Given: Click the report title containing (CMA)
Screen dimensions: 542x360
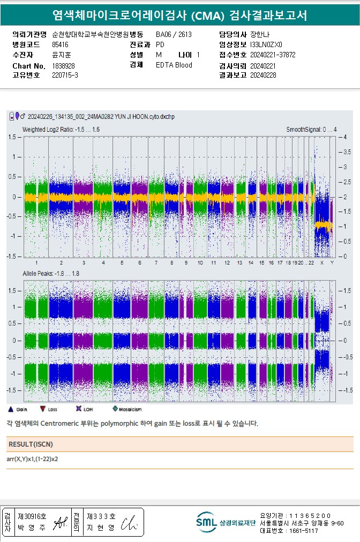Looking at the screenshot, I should tap(180, 16).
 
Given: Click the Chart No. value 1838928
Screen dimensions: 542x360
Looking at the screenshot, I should tap(64, 65).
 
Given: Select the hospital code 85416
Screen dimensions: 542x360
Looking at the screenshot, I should tap(60, 44).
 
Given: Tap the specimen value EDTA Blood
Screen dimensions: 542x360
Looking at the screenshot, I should tap(174, 65).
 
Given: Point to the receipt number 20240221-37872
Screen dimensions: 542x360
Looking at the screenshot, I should tap(273, 55).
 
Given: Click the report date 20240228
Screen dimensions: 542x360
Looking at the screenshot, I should tap(262, 76).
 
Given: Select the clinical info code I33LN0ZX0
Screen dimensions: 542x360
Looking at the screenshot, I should tap(266, 44).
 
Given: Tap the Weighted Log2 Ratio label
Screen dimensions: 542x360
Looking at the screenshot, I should tap(61, 130).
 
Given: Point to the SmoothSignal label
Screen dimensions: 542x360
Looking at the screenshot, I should tap(311, 130).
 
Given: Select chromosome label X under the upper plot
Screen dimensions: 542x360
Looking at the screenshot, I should tap(321, 263).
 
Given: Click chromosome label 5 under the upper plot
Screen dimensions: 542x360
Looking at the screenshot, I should tap(122, 263).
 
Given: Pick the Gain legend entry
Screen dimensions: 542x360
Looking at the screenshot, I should tap(18, 409).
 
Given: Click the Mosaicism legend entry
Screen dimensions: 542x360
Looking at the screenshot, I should tap(126, 409).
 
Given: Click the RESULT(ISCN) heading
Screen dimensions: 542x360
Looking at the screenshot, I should tap(31, 445).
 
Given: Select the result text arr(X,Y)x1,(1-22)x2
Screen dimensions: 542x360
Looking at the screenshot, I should tap(32, 459).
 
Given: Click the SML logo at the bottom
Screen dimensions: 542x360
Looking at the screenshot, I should tap(205, 522).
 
